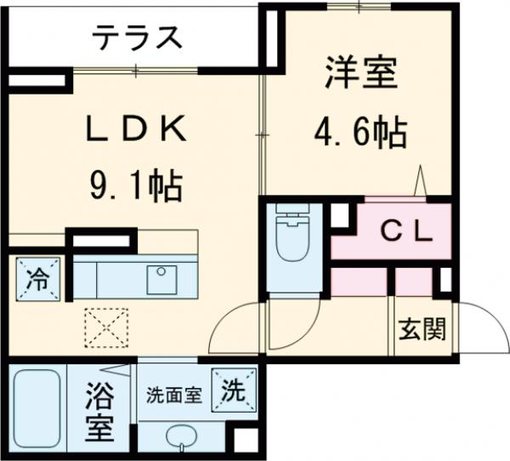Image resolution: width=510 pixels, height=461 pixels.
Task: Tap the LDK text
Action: pos(136,128)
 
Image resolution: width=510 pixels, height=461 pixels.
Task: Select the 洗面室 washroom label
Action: pos(173,395)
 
